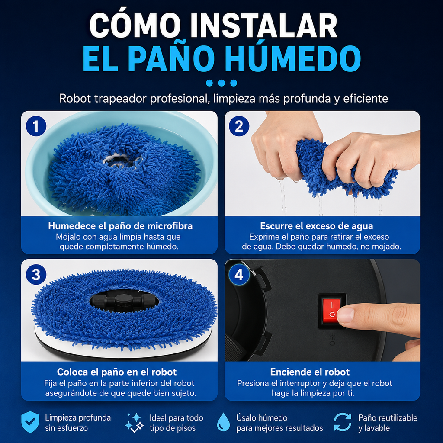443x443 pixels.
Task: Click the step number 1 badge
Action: tap(36, 126)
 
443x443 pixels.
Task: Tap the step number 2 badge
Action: tap(239, 126)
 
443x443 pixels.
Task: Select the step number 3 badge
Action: tap(36, 275)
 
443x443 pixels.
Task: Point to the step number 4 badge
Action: tap(239, 275)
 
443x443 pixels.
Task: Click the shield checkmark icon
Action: tap(30, 422)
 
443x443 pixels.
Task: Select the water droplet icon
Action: tap(223, 422)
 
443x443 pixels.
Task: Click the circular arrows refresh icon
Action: tap(343, 422)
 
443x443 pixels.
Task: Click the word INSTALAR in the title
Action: tap(263, 26)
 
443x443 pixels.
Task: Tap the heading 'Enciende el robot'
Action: tap(310, 372)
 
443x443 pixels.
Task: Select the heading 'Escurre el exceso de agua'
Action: tap(316, 226)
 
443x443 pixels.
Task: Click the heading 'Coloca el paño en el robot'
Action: tap(117, 372)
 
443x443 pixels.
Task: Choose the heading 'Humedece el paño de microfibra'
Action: tap(120, 226)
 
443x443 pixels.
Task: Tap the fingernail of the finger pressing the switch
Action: tap(345, 315)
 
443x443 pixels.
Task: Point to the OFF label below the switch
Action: tap(332, 339)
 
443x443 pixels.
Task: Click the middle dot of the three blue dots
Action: tap(221, 83)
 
